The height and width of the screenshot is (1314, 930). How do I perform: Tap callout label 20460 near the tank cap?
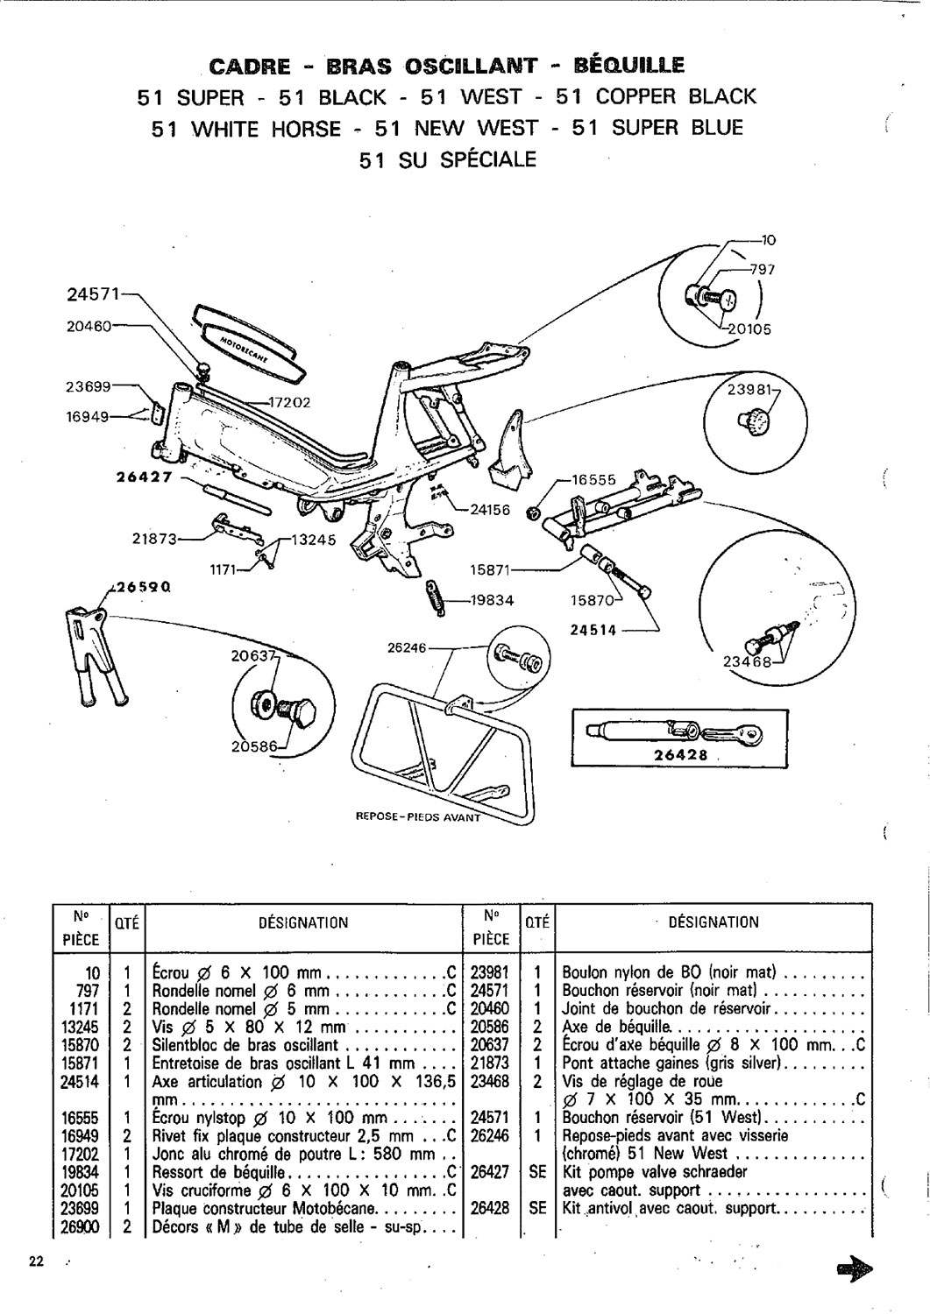89,326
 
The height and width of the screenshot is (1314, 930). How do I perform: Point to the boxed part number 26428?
680,755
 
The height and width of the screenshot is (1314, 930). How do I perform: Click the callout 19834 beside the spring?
490,601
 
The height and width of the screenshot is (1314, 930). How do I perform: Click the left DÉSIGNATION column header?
304,922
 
